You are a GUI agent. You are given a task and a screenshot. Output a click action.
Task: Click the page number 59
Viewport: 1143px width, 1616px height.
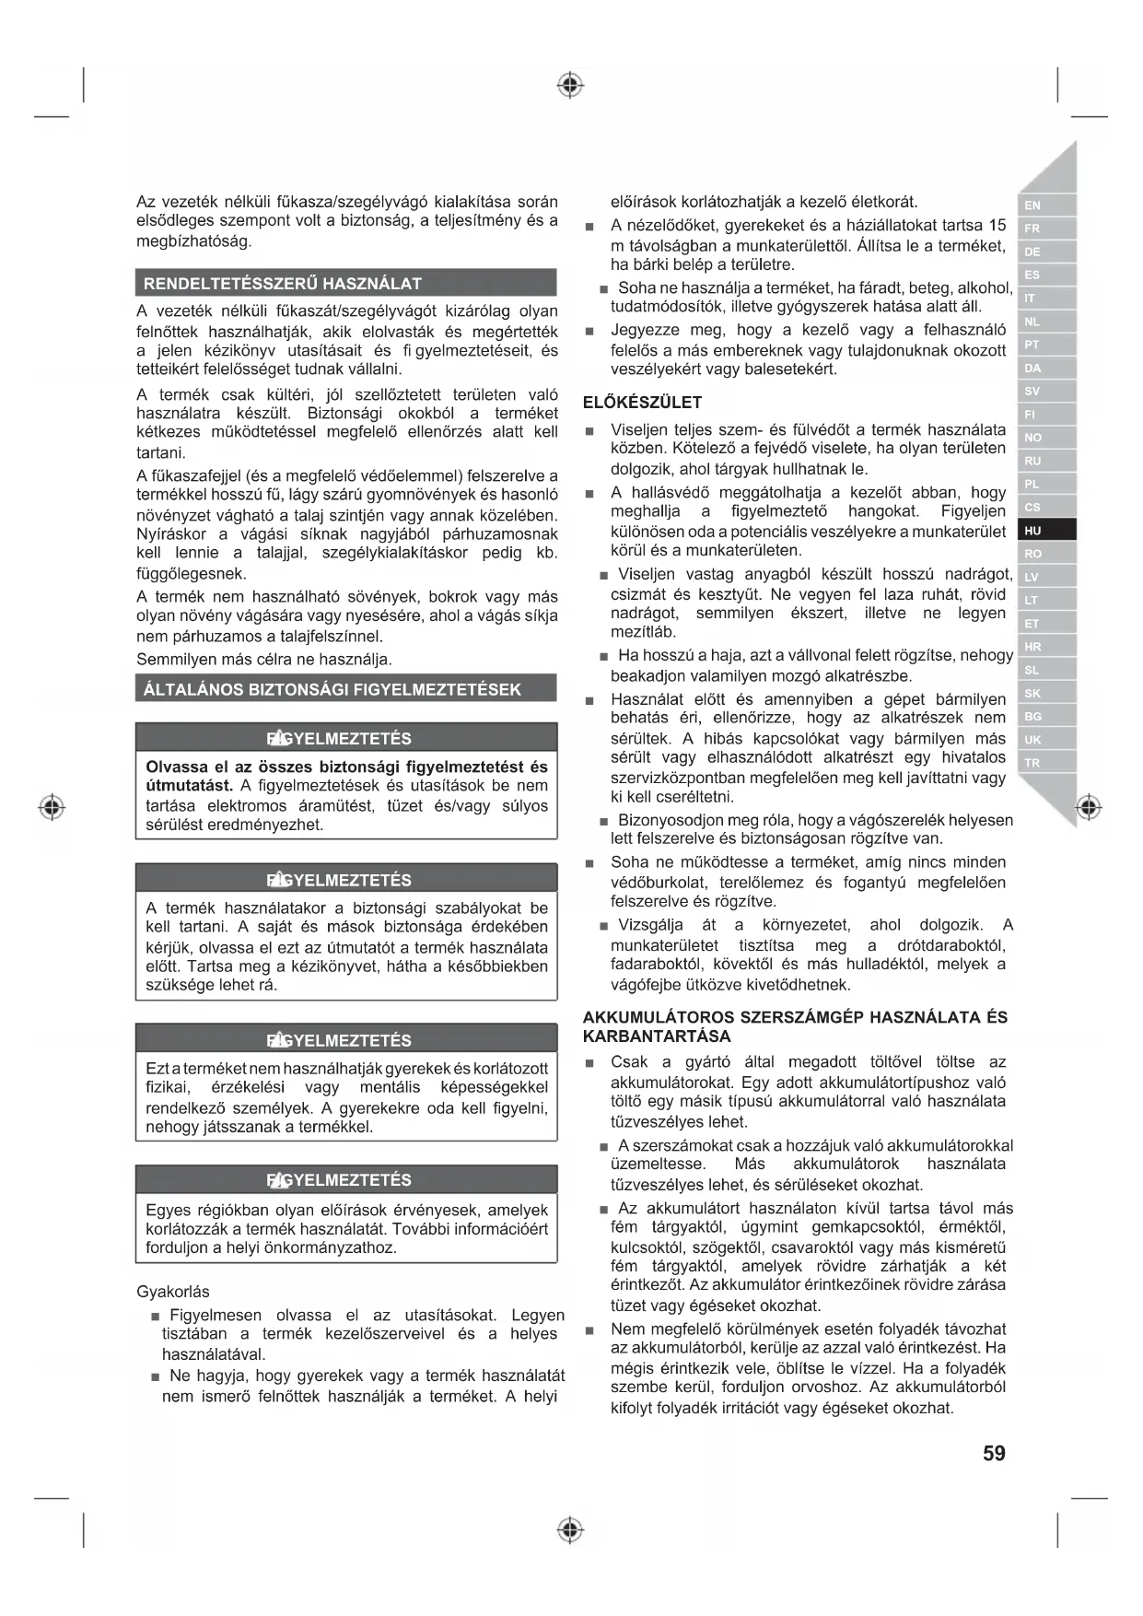point(994,1453)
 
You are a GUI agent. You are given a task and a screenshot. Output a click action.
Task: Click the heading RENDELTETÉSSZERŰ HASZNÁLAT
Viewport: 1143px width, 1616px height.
point(282,284)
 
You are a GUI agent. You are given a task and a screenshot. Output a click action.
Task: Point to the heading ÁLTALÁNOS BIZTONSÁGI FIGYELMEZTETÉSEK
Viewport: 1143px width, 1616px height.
point(332,689)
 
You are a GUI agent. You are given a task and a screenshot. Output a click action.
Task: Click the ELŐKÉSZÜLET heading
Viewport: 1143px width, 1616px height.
point(642,403)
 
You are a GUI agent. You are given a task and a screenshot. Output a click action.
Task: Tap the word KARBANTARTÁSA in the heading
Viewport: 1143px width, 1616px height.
point(657,1036)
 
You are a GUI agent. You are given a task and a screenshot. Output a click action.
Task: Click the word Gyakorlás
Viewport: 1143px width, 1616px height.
point(173,1292)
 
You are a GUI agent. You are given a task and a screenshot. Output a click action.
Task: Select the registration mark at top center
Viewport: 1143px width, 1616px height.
point(571,86)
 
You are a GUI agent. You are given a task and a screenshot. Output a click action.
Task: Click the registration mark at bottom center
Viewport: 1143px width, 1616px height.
point(571,1530)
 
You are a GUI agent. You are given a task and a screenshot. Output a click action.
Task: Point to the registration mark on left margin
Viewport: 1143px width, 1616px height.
point(52,808)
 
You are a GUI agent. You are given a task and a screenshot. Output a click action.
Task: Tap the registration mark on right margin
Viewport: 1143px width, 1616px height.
point(1089,808)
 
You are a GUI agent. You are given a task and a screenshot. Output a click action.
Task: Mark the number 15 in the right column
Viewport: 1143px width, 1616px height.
point(997,225)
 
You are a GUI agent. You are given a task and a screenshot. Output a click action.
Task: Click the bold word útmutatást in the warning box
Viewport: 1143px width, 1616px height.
point(188,786)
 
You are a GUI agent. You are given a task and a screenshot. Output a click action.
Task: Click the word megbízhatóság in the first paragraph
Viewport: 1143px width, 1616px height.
point(193,241)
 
